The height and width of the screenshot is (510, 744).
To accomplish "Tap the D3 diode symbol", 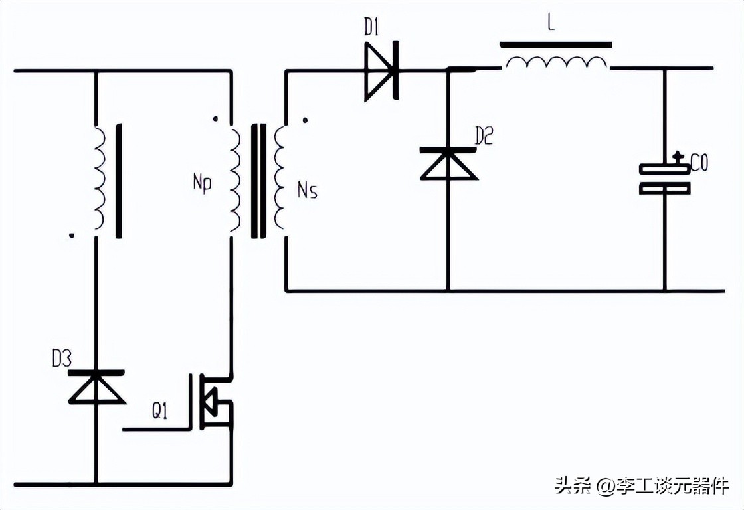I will click(x=97, y=387).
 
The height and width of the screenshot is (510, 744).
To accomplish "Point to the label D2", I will click(x=484, y=136).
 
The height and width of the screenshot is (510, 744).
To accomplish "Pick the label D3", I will click(x=62, y=359).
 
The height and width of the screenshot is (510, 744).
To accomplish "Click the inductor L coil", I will click(x=556, y=63).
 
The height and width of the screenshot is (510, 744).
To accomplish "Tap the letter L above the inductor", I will click(x=550, y=23).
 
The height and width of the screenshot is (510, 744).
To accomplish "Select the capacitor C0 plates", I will click(x=664, y=179).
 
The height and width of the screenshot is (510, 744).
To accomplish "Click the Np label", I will click(x=202, y=183).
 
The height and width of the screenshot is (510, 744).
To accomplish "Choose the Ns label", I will click(x=307, y=191).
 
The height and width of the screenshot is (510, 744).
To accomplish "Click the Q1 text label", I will click(x=159, y=412).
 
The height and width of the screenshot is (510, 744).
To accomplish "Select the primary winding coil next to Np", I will click(x=234, y=180).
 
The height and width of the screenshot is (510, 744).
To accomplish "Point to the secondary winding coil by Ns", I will click(x=280, y=180).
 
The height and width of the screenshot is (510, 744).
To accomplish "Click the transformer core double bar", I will click(x=258, y=180).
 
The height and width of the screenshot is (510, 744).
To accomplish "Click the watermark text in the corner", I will click(x=642, y=487).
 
